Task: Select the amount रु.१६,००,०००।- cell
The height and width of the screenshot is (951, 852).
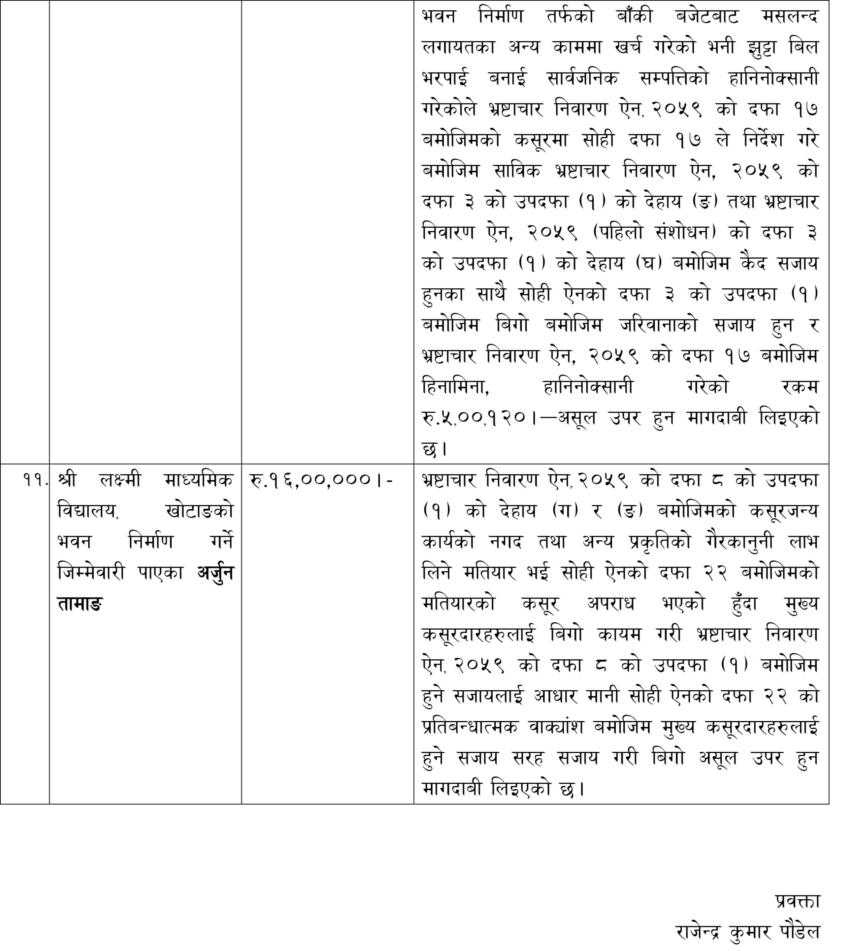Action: pyautogui.click(x=322, y=480)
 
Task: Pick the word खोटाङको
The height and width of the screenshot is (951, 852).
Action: pyautogui.click(x=200, y=510)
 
